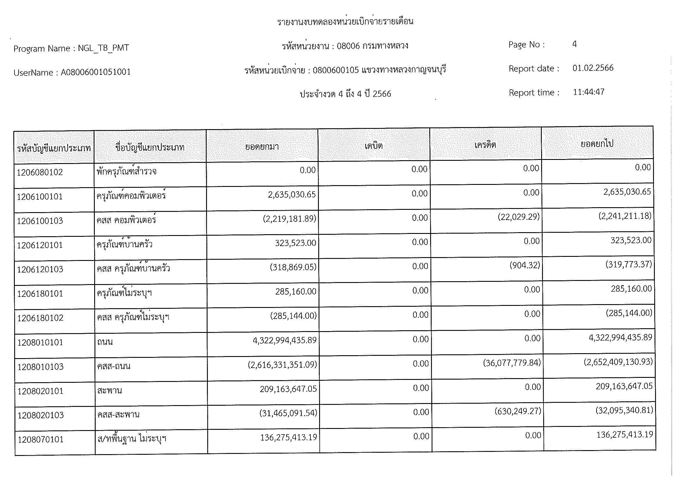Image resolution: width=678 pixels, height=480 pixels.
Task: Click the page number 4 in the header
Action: click(574, 44)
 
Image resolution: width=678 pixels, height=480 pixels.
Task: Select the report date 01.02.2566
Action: click(593, 68)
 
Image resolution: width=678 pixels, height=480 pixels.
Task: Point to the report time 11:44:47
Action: click(588, 92)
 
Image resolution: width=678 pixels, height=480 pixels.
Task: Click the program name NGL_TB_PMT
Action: click(103, 48)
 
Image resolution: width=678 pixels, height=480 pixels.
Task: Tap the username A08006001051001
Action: click(96, 73)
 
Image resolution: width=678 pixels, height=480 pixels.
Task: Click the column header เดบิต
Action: click(374, 146)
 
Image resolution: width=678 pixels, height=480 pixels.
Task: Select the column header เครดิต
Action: click(485, 145)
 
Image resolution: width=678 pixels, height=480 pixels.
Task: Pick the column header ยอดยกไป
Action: click(597, 144)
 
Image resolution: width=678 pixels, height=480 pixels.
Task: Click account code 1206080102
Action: click(40, 172)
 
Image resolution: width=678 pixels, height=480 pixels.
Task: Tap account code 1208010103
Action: click(41, 367)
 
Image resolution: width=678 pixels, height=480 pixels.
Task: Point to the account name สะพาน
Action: click(110, 390)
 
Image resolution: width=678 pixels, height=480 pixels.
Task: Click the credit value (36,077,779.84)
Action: click(512, 363)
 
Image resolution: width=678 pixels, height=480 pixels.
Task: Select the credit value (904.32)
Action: click(525, 266)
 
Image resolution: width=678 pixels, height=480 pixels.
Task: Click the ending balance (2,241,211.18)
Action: click(625, 216)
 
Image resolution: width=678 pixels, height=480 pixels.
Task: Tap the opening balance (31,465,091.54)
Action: click(288, 413)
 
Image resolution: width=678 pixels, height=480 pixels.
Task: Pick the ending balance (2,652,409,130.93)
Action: click(618, 362)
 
